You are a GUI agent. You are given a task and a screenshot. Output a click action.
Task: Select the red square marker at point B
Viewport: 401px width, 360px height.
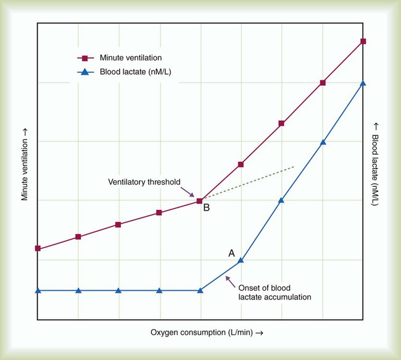coord(199,201)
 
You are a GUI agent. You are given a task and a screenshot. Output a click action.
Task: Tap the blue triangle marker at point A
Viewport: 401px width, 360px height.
coord(241,260)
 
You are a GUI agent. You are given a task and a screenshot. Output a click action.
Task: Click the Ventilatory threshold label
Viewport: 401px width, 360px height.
coord(144,182)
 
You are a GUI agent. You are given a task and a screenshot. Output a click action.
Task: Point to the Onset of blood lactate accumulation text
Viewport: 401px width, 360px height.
coord(274,292)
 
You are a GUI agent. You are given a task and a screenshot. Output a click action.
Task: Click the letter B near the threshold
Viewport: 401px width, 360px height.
coord(207,208)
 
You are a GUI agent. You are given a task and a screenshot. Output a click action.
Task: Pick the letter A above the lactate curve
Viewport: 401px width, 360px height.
coord(232,253)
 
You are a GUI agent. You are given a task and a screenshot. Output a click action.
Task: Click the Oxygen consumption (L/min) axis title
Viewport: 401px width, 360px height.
coord(207,333)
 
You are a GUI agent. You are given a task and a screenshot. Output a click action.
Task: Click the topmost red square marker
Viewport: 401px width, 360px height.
coord(363,41)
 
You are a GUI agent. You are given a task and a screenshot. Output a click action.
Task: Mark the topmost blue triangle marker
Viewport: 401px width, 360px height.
coord(363,83)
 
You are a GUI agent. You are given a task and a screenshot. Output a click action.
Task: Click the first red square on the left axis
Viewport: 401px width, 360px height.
coord(38,248)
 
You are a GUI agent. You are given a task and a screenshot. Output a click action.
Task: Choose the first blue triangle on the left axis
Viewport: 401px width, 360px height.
coord(38,290)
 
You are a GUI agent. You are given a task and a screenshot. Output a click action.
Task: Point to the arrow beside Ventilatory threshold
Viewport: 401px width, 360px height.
coord(190,191)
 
